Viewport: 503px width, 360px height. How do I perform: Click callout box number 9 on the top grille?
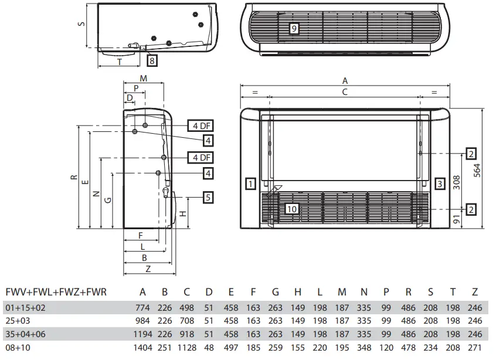coord(294,28)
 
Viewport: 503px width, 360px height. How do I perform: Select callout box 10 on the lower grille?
coord(292,208)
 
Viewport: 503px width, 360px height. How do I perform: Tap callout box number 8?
coord(151,60)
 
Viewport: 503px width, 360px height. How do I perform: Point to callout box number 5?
coord(208,198)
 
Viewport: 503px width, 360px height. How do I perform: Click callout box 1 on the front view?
coord(250,184)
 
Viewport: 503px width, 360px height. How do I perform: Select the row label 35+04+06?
coord(26,334)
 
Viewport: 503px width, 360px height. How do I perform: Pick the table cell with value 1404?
coord(142,348)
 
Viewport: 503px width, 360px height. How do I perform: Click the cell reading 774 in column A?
coord(142,307)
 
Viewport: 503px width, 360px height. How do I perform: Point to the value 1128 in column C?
coord(186,348)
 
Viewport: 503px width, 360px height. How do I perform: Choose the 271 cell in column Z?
coord(475,348)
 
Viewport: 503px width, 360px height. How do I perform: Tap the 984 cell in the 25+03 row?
coord(142,321)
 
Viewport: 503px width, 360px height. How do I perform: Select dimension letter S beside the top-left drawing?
coord(81,25)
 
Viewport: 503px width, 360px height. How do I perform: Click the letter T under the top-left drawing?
coord(120,61)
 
